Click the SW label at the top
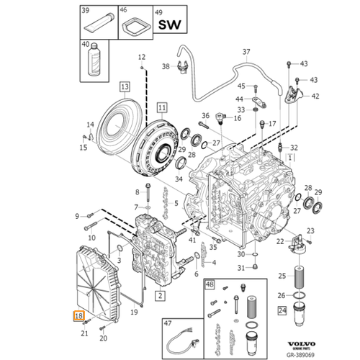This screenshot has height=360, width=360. (169, 26)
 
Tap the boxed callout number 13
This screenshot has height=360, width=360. (125, 86)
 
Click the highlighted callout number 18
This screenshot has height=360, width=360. (78, 315)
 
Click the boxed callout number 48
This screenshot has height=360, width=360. (210, 286)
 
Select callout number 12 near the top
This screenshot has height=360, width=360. (142, 57)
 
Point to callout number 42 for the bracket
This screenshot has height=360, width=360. (315, 96)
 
